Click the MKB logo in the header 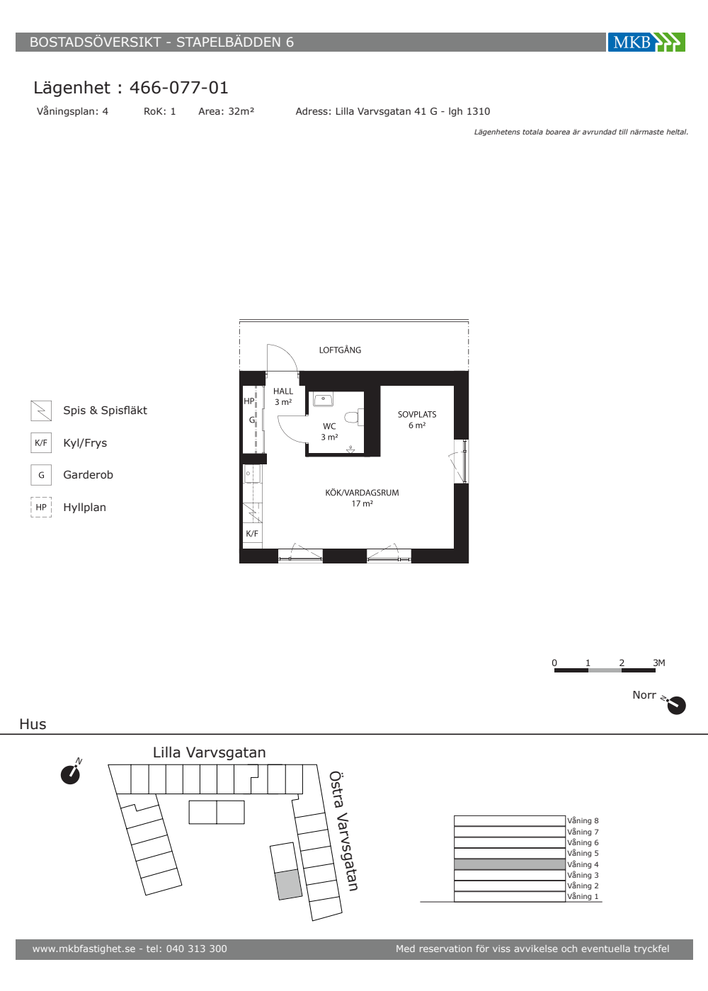coord(646,42)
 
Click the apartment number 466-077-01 coord(178,88)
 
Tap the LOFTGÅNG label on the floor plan coord(340,350)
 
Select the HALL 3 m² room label coord(283,396)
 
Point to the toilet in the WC coord(353,417)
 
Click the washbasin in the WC coord(323,399)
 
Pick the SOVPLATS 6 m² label coord(417,419)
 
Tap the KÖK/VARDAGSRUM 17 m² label coord(362,498)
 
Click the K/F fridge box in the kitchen coord(252,534)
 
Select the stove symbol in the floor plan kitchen coord(252,513)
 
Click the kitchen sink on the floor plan coord(251,474)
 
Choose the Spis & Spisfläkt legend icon coord(41,411)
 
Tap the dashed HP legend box coord(41,507)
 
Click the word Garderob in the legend coord(88,475)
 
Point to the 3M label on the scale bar coord(659,663)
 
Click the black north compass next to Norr coord(675,705)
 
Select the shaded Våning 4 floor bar coord(510,864)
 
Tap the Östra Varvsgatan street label coord(343,831)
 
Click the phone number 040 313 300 coord(197,949)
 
